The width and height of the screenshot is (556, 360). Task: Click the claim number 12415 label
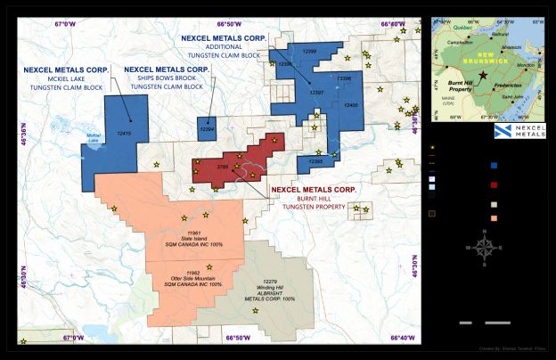pyautogui.click(x=124, y=134)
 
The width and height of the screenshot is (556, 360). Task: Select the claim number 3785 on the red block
pyautogui.click(x=223, y=167)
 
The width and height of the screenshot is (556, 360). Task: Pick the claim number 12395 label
pyautogui.click(x=315, y=161)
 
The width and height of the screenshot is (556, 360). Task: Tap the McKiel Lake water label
pyautogui.click(x=94, y=136)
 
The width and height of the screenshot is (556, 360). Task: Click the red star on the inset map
pyautogui.click(x=483, y=77)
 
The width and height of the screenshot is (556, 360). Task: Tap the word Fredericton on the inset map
pyautogui.click(x=511, y=82)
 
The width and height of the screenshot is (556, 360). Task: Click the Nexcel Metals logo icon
pyautogui.click(x=506, y=131)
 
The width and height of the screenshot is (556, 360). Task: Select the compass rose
pyautogui.click(x=484, y=246)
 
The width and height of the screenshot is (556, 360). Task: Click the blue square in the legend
pyautogui.click(x=494, y=165)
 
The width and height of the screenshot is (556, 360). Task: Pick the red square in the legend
pyautogui.click(x=494, y=184)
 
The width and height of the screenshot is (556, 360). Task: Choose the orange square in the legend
pyautogui.click(x=494, y=217)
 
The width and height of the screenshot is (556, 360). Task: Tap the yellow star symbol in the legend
pyautogui.click(x=433, y=147)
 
